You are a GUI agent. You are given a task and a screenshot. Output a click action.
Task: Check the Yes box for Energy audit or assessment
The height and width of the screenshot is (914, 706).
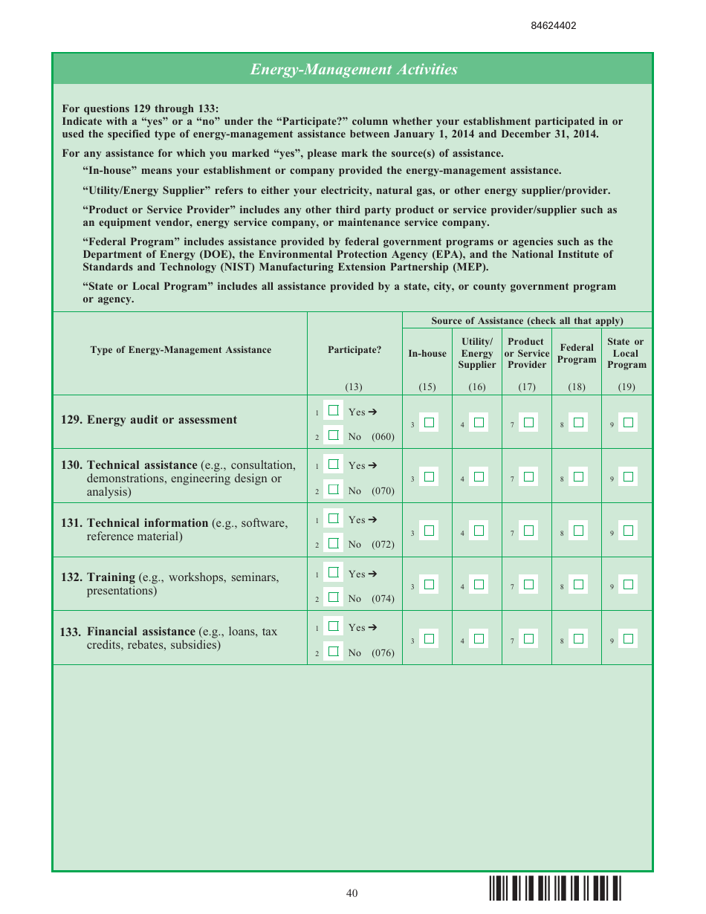[x=334, y=410]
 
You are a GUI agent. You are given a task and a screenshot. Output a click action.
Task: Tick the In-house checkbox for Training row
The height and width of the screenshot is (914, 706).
[x=429, y=585]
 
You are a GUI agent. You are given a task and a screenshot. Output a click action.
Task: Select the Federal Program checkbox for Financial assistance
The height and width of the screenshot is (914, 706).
[x=578, y=638]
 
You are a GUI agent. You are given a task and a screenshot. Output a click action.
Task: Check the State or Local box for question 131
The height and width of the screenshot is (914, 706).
[x=628, y=531]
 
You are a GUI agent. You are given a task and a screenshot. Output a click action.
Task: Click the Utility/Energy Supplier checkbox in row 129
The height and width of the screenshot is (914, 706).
[x=479, y=423]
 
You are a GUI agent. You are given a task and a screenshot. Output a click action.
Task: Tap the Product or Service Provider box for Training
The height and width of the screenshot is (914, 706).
[x=528, y=585]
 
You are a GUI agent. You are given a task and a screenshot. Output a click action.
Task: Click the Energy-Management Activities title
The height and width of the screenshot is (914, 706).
[x=353, y=69]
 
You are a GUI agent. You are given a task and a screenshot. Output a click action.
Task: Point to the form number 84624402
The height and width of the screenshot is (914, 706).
[x=553, y=25]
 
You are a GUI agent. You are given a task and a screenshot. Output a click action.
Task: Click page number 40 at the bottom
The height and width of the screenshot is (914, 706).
[x=352, y=892]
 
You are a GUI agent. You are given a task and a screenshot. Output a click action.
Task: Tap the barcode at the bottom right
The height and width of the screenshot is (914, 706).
[x=555, y=889]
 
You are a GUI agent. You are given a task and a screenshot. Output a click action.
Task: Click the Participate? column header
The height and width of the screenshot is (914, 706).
[x=354, y=350]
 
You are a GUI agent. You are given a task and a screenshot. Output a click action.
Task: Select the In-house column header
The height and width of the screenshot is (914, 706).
[x=427, y=354]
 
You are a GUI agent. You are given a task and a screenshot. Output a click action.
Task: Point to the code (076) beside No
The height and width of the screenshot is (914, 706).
[x=383, y=653]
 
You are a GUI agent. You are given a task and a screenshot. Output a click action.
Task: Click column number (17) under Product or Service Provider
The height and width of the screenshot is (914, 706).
[x=526, y=386]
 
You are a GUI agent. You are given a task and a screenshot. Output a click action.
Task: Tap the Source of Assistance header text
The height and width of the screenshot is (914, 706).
[x=527, y=321]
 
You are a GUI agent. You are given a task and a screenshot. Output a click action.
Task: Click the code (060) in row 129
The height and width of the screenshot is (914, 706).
[x=383, y=436]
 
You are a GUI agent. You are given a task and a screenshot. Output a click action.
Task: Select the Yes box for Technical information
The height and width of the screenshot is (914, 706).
[x=334, y=518]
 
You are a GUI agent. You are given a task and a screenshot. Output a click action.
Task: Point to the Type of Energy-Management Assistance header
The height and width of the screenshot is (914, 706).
[x=181, y=350]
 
